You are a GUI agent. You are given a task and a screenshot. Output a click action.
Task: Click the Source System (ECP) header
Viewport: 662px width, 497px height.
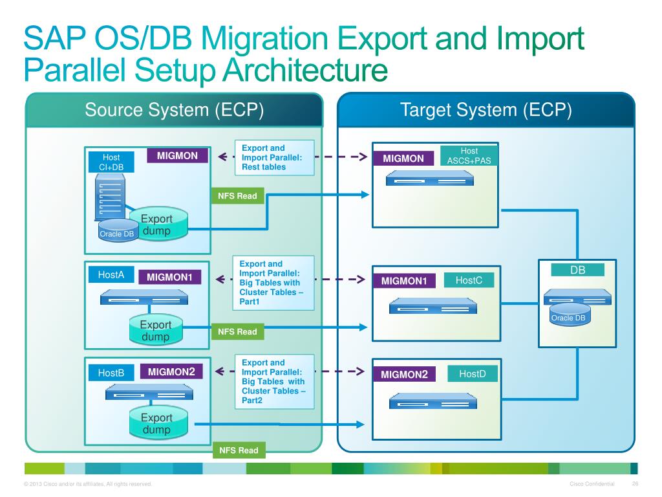point(174,110)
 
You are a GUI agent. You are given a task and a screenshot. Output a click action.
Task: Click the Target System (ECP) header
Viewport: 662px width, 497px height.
point(486,110)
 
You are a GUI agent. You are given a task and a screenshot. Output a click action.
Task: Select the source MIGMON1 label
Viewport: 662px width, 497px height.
point(169,278)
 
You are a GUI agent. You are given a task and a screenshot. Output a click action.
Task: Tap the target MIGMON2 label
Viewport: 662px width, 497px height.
point(404,375)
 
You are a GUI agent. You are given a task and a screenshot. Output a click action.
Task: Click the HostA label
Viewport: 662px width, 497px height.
point(111,275)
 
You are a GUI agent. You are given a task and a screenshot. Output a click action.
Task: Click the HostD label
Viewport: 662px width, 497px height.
point(472,374)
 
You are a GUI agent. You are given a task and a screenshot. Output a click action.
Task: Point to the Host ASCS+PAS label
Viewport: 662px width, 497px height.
point(469,155)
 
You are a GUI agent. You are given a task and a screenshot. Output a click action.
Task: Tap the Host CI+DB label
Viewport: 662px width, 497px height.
point(111,162)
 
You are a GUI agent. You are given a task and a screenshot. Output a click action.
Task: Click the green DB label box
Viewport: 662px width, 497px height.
point(577,271)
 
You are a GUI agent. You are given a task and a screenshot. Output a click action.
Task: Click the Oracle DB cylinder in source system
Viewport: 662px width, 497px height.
point(116,231)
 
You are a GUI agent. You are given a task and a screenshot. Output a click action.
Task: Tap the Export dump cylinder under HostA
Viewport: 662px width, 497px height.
point(156,330)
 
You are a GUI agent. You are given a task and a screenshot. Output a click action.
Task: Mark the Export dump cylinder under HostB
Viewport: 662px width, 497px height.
point(156,423)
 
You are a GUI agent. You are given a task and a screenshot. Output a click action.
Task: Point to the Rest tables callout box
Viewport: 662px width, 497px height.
point(273,157)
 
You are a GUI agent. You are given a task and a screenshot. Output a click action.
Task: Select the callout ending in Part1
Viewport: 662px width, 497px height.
point(273,283)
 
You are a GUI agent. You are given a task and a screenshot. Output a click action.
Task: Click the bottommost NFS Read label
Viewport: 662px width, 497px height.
point(238,450)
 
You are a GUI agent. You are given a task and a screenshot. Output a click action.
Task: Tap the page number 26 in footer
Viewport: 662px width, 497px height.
point(635,485)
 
